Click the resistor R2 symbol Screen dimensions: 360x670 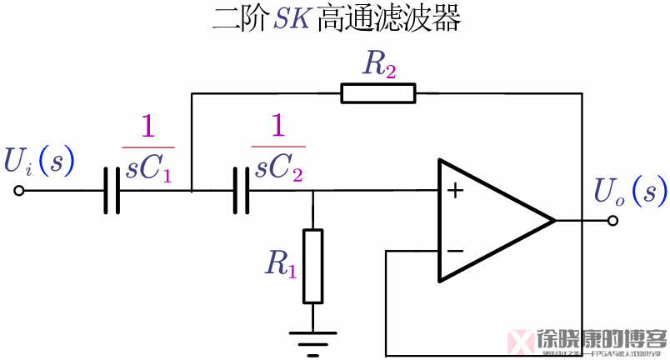[x=377, y=92]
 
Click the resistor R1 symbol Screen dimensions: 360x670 [x=312, y=266]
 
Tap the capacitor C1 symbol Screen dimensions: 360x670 [x=112, y=191]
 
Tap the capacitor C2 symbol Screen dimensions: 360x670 [x=242, y=191]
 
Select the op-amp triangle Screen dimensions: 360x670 [x=492, y=221]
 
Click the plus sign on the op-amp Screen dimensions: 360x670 [x=455, y=191]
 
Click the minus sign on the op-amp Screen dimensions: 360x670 [x=455, y=250]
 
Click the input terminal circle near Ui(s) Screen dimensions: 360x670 [x=18, y=191]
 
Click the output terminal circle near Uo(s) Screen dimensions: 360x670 [x=612, y=221]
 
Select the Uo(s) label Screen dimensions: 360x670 [x=630, y=192]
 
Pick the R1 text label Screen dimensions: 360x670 [x=281, y=263]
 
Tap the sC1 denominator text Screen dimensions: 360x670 [x=148, y=169]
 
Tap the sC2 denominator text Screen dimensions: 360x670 [x=278, y=169]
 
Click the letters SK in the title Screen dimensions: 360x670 [x=292, y=19]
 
